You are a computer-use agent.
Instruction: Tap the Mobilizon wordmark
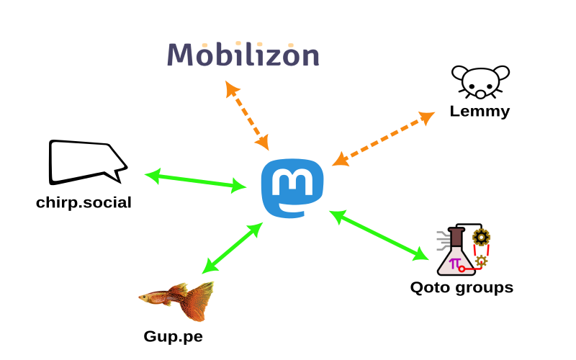tap(243, 55)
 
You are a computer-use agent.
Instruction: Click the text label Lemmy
tap(480, 112)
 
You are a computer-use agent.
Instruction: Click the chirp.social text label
tap(84, 202)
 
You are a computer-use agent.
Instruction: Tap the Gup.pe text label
tap(173, 336)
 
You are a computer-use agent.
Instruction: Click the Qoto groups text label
tap(462, 288)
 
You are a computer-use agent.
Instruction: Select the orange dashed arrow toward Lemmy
tap(383, 139)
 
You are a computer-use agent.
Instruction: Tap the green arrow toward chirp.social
tap(195, 181)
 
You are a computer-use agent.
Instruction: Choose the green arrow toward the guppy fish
tap(233, 248)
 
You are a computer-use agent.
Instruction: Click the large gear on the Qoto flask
tap(481, 236)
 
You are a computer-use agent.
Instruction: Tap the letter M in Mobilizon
tap(183, 55)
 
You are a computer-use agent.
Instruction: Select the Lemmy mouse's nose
tap(480, 93)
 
